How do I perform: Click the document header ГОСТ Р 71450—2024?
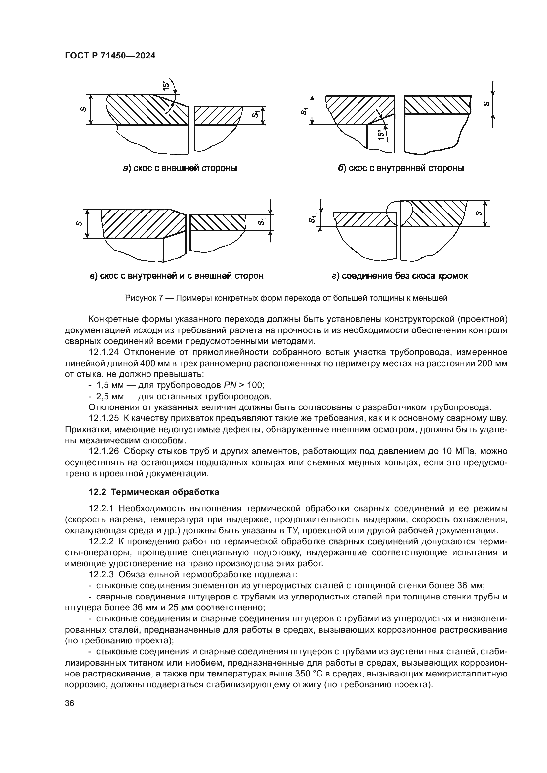coord(110,56)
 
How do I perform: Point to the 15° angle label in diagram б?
coord(381,135)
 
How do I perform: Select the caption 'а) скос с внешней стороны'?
coord(180,168)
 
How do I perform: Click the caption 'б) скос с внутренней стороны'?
coord(401,168)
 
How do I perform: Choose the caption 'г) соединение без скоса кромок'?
coord(400,276)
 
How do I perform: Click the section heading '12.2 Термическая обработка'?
coord(153,492)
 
